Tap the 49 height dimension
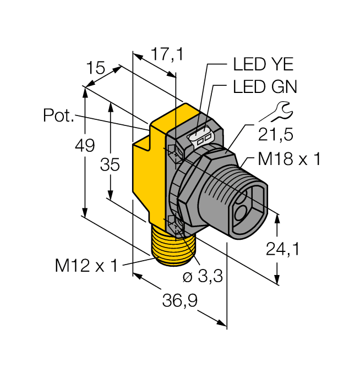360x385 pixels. click(85, 146)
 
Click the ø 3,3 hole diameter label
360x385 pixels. click(201, 277)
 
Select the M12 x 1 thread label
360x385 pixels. click(86, 266)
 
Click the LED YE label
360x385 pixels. click(263, 65)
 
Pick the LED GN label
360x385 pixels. click(265, 87)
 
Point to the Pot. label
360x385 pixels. click(58, 116)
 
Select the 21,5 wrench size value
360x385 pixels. click(275, 134)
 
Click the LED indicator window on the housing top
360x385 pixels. click(203, 137)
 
